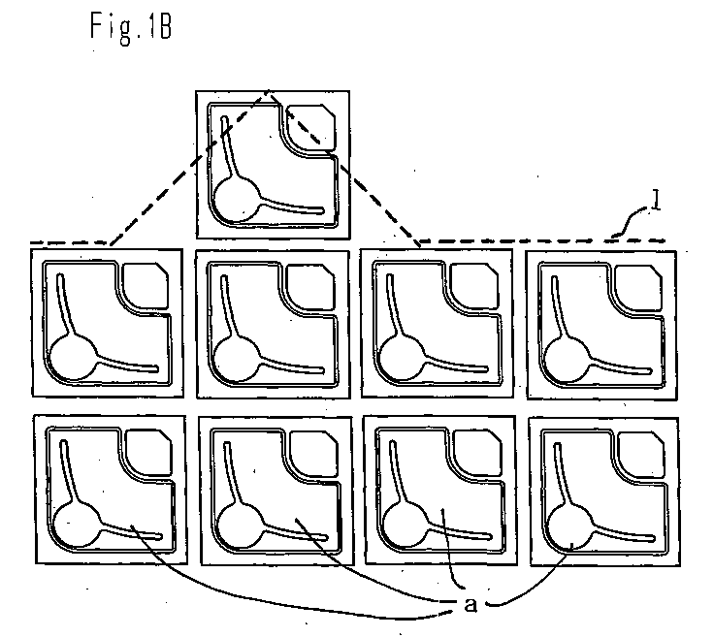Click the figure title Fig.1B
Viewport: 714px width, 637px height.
pyautogui.click(x=131, y=28)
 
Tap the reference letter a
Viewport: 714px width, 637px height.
pyautogui.click(x=471, y=604)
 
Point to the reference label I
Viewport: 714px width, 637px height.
pyautogui.click(x=655, y=200)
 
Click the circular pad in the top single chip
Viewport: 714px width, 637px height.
pyautogui.click(x=237, y=200)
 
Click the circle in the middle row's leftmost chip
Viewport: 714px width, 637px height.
pyautogui.click(x=73, y=357)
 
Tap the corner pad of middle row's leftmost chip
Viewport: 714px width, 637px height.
pyautogui.click(x=146, y=285)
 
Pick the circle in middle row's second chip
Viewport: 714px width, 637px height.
pyautogui.click(x=237, y=358)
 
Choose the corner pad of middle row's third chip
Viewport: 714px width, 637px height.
pyautogui.click(x=474, y=285)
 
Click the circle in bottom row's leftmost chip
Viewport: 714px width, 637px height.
pyautogui.click(x=77, y=525)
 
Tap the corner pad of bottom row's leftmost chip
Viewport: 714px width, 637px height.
pyautogui.click(x=149, y=452)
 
